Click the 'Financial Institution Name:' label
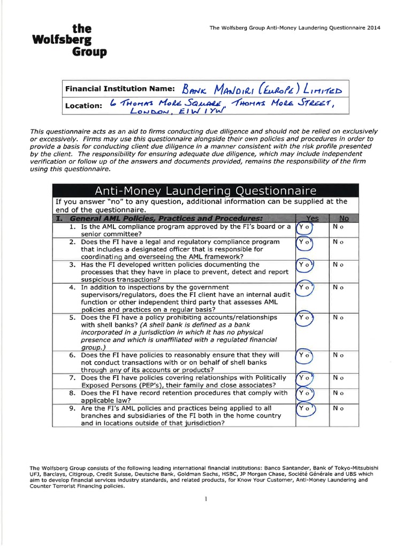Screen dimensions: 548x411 (x=119, y=88)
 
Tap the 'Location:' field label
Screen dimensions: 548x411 (x=83, y=105)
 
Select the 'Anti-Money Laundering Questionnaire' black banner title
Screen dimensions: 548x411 (x=205, y=191)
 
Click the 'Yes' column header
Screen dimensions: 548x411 (x=312, y=218)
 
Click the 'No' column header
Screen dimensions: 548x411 (x=344, y=218)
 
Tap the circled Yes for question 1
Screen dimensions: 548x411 (x=305, y=227)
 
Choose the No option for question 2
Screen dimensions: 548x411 (x=337, y=242)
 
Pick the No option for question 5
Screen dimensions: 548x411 (x=337, y=317)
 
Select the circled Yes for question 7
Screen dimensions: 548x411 (x=305, y=378)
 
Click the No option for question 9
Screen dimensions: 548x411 (x=337, y=408)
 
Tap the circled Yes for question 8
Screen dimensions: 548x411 (x=305, y=393)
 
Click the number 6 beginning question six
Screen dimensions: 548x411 (x=71, y=355)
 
